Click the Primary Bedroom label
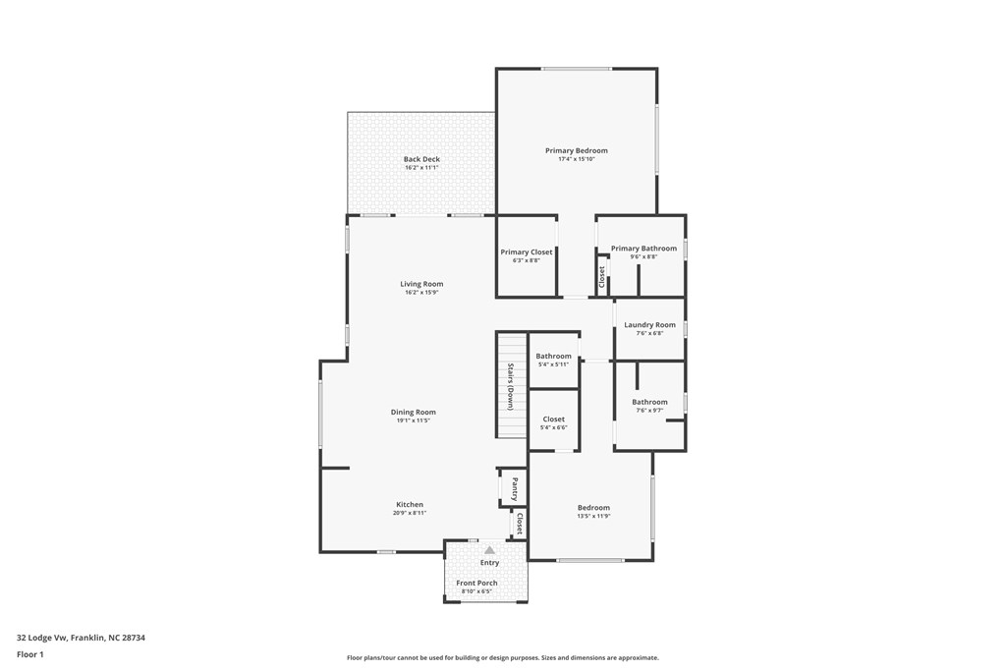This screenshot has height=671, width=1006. coord(577,151)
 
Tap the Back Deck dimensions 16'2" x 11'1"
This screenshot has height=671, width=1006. coord(421,168)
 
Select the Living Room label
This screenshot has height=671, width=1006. coord(421,284)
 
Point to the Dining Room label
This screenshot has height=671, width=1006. coord(413,413)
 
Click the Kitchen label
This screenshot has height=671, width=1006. coord(410,505)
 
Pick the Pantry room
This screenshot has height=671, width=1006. coord(514,487)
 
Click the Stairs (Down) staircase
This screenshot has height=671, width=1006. coord(511,386)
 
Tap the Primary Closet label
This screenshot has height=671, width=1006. coord(527,252)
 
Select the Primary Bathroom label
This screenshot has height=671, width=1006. coord(643,249)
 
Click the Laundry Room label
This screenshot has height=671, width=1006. coord(649,325)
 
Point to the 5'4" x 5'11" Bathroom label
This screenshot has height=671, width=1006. coord(553,357)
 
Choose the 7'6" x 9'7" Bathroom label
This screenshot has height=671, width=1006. coord(649,402)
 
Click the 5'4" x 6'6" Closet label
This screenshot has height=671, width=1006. coord(553,419)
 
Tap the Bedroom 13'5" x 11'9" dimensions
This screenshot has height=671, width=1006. coord(593,516)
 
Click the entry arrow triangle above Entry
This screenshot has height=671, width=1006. coord(489,550)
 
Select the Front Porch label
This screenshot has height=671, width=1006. coord(476,584)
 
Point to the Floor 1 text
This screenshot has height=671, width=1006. coord(30,654)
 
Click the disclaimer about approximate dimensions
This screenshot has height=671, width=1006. coord(502,658)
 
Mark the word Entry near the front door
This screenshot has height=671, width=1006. coord(489,563)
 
